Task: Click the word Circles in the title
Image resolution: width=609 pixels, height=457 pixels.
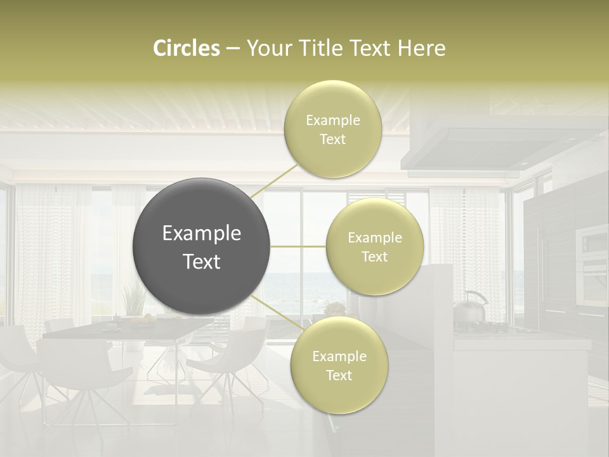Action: (187, 48)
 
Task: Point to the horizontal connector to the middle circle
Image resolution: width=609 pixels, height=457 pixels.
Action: (298, 246)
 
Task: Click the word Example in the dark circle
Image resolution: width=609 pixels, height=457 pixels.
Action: (202, 234)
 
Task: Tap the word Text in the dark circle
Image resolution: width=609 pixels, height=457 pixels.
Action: (202, 262)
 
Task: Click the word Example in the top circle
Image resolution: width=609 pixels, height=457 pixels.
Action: (332, 121)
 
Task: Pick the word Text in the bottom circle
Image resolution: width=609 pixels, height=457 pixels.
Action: (339, 375)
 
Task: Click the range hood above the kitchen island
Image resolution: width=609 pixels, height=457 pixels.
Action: (501, 143)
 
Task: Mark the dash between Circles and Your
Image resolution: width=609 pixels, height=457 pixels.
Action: (233, 49)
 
